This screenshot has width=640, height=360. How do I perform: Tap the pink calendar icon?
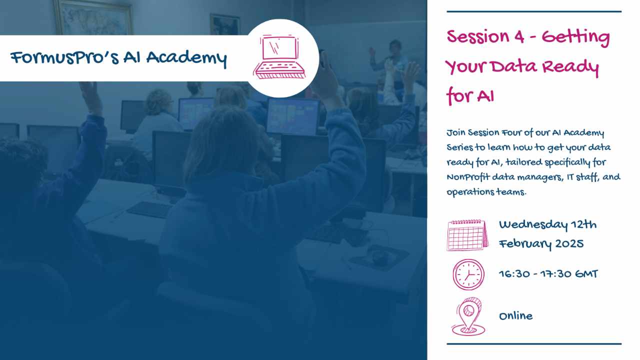467,234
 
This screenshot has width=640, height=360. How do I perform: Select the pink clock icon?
468,274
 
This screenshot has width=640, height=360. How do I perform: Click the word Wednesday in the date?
533,225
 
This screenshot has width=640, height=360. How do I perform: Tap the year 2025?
570,244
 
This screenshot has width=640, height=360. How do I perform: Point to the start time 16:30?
515,274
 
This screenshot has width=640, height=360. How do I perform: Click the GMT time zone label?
583,274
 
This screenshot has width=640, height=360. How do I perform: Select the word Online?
515,316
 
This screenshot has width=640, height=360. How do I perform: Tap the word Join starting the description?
456,133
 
